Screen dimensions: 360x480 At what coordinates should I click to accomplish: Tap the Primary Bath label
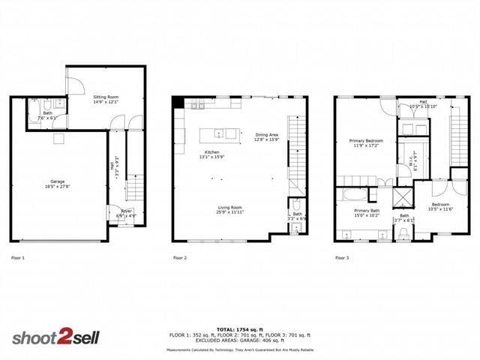(367, 212)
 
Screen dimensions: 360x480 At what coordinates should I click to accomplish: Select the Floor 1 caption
(17, 258)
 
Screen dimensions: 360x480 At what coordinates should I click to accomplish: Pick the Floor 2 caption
(180, 258)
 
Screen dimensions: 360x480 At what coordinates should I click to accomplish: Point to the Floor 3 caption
(341, 258)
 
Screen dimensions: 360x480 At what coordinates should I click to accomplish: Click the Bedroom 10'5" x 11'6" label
(440, 206)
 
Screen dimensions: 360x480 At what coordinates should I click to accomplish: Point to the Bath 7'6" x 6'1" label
(47, 115)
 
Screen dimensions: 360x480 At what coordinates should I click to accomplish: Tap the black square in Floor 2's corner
(178, 103)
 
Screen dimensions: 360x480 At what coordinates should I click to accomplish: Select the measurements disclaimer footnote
(240, 350)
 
